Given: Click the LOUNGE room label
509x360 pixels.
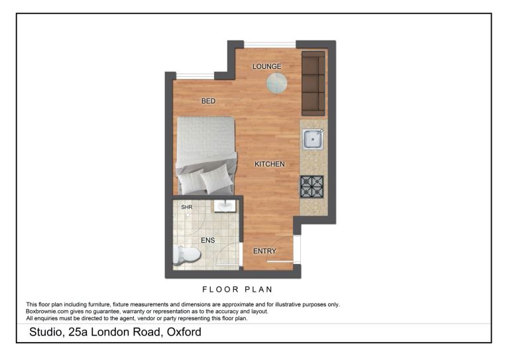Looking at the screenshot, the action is click(266, 66).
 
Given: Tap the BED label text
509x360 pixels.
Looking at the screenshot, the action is click(208, 101).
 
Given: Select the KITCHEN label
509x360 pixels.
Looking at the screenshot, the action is click(270, 164).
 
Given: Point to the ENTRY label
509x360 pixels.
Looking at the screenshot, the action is click(264, 251).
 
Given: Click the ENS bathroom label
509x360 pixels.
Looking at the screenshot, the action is click(207, 240).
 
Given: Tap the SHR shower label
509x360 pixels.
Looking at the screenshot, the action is click(187, 207).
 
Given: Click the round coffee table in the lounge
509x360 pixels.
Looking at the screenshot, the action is click(277, 83).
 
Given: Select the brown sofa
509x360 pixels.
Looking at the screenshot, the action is click(313, 83).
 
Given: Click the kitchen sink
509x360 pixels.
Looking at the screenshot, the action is click(313, 139).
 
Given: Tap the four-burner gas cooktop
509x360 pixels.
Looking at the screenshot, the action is click(312, 187).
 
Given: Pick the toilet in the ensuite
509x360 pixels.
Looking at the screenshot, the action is click(186, 254).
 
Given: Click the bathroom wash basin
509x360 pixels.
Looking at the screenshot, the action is click(225, 206).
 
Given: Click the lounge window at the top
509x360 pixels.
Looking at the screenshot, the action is click(270, 44).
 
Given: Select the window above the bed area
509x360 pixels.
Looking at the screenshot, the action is click(195, 76).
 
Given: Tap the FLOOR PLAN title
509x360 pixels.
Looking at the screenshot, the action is click(237, 289).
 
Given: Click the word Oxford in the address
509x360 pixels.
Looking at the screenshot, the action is click(184, 332).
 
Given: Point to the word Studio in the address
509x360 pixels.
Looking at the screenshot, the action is click(46, 332).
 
